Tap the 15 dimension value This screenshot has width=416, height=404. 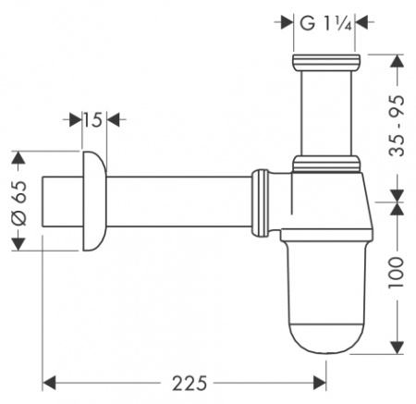tap(92, 120)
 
